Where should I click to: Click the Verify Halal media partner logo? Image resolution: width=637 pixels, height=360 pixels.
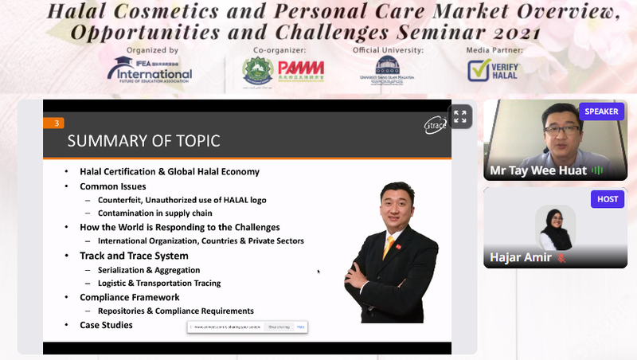492,70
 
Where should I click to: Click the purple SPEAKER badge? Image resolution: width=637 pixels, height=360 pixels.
601,112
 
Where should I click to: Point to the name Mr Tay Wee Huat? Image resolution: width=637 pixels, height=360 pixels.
537,170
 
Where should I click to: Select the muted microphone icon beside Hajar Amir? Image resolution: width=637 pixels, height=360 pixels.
561,258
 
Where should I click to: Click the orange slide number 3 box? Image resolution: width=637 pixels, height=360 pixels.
57,123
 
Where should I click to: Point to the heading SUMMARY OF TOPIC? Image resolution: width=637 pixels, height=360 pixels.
143,142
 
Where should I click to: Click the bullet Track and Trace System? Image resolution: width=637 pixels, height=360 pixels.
134,256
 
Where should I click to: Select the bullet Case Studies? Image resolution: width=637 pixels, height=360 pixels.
106,325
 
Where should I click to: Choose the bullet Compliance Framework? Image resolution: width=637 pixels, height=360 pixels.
129,297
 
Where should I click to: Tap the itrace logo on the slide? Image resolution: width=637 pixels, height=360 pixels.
435,124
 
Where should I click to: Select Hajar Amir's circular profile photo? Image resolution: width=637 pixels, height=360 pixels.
555,228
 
